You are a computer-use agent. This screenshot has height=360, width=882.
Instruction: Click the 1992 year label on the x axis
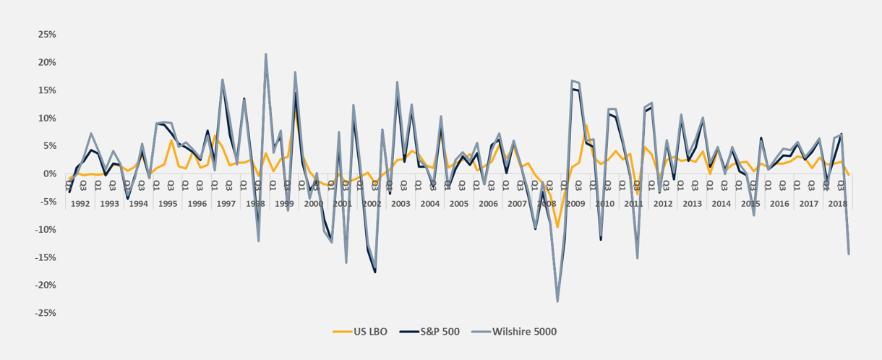[80, 204]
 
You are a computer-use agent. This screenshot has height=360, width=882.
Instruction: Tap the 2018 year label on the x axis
[837, 204]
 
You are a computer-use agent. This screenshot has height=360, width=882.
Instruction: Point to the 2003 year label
[400, 204]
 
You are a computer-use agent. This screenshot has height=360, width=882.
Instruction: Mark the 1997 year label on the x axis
[226, 204]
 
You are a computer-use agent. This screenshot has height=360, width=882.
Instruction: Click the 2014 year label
[721, 204]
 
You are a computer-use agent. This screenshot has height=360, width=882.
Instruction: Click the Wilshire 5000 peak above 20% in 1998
[266, 54]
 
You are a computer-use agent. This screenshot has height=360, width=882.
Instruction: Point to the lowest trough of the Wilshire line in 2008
[557, 301]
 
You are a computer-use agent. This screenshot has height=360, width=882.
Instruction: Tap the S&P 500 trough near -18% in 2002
[375, 272]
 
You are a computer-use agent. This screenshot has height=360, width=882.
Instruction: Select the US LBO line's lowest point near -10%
[557, 227]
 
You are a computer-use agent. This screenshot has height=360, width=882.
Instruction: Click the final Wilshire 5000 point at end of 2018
[848, 254]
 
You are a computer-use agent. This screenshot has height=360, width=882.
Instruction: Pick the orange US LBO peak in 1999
[295, 108]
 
